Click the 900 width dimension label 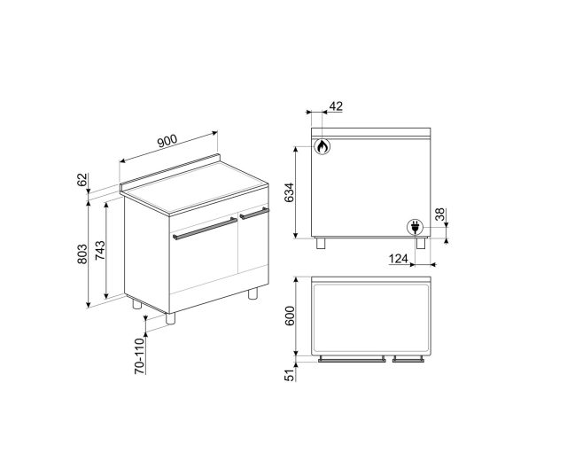tap(167, 141)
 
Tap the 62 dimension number tap(82, 180)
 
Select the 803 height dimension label tap(82, 254)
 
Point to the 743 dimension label tap(100, 250)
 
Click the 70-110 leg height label tap(140, 356)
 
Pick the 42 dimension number tap(336, 106)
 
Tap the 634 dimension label tap(290, 192)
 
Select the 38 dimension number tap(439, 215)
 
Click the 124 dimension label tap(398, 259)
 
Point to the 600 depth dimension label tap(290, 316)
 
